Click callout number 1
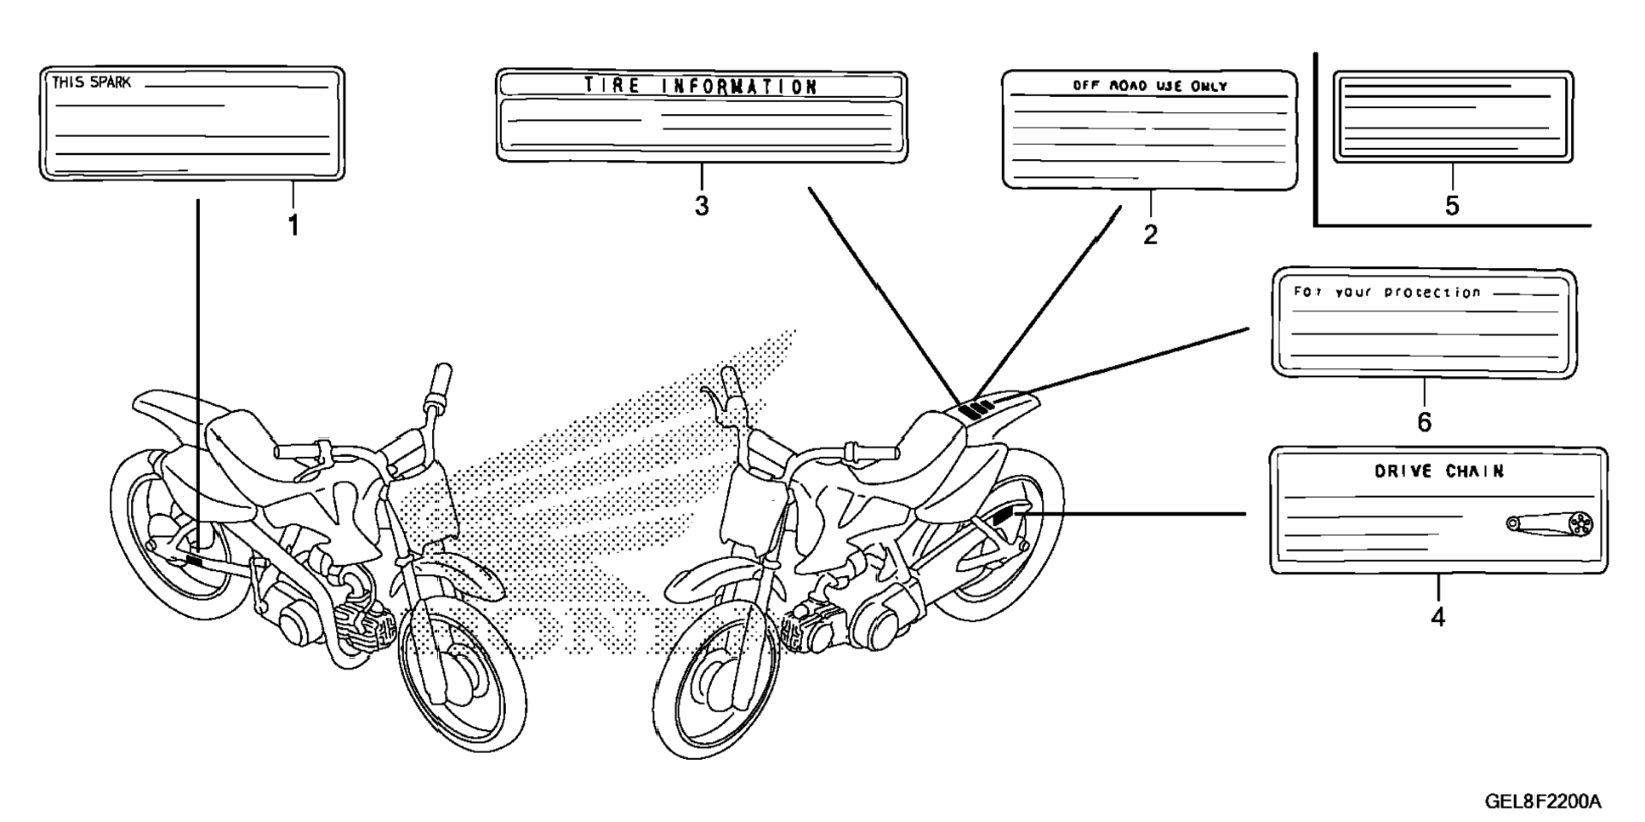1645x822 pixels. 293,225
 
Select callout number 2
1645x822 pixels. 1150,235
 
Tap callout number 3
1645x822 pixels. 701,206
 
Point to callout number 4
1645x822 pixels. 1437,617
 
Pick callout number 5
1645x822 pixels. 1452,206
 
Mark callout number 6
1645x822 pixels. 1424,421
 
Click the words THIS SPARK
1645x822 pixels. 92,83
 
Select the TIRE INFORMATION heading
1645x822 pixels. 700,86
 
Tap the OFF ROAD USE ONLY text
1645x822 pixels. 1150,86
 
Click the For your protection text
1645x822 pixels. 1387,292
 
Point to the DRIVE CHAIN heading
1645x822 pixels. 1439,471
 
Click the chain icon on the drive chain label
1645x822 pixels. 1550,524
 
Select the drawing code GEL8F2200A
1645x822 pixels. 1543,802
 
